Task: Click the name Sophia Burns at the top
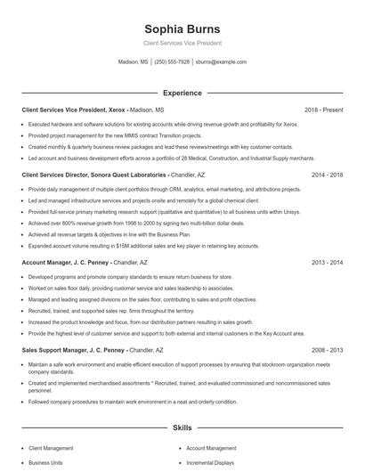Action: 182,28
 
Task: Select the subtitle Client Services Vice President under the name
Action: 182,43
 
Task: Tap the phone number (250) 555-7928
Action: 172,62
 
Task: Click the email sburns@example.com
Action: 221,62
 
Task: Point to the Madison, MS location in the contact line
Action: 133,62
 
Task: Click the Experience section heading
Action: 182,93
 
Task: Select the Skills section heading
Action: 182,428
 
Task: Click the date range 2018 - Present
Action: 323,110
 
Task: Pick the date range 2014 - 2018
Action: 327,175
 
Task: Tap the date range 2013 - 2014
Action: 327,264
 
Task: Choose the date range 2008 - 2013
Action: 327,351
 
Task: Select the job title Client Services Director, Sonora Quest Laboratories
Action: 94,175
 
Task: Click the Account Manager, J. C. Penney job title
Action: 67,264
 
